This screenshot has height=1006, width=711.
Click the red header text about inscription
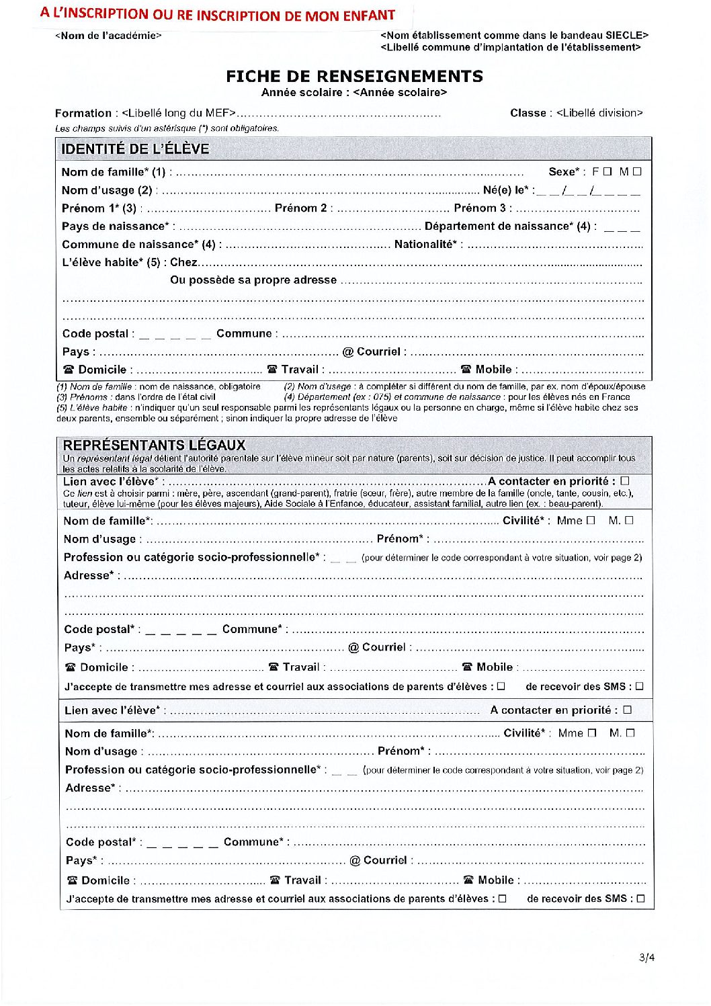[217, 15]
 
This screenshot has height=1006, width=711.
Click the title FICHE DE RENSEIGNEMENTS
[354, 76]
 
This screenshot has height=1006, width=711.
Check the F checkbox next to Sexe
[608, 171]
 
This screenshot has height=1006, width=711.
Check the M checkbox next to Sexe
[637, 171]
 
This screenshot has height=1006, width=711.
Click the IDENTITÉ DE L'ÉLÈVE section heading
[135, 149]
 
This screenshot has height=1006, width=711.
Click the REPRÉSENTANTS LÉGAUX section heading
[154, 445]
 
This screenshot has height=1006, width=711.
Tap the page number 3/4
[646, 958]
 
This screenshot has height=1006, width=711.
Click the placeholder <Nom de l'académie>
[108, 36]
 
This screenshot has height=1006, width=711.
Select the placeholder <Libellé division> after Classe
[599, 113]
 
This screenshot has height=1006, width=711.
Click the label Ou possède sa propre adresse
[253, 280]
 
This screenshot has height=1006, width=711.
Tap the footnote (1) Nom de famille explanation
[158, 386]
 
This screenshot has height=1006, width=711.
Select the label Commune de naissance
[140, 245]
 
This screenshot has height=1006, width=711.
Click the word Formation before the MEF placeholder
[83, 113]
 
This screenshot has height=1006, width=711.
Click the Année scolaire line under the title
[354, 93]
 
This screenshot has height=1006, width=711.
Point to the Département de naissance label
[509, 226]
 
